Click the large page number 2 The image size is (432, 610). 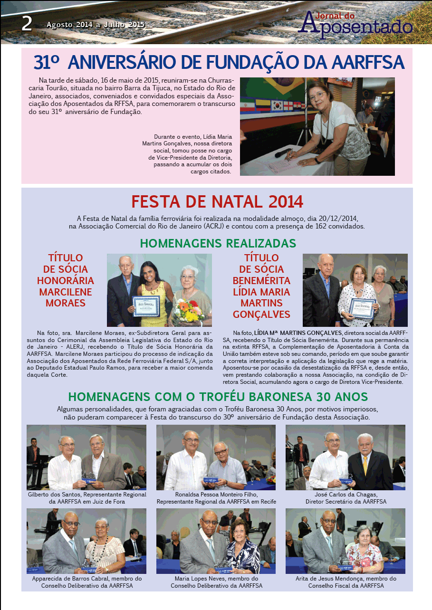click(27, 23)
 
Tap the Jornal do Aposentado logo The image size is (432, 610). click(358, 23)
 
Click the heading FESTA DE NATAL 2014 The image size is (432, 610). click(217, 202)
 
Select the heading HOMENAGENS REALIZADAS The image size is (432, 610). click(218, 243)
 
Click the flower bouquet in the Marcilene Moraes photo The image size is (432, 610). click(188, 311)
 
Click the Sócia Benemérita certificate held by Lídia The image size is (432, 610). click(362, 308)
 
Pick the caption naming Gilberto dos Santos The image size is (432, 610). click(86, 498)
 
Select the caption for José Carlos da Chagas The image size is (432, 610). click(346, 498)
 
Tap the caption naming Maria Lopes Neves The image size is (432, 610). click(216, 582)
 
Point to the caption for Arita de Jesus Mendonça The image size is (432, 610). click(346, 582)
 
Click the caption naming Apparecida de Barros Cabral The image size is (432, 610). click(86, 582)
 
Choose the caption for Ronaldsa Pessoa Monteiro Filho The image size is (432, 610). click(216, 498)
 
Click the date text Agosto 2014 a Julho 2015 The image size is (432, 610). click(96, 24)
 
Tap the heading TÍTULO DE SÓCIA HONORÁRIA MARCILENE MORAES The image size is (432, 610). click(66, 280)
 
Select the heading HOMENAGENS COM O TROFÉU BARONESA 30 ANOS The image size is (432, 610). click(218, 397)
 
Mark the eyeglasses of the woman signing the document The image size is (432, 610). click(317, 95)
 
